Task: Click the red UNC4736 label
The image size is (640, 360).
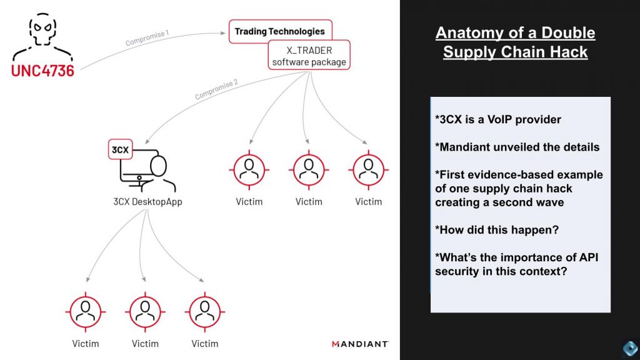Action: (x=42, y=70)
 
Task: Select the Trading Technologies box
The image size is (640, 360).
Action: (x=279, y=31)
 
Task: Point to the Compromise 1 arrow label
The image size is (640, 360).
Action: (x=147, y=38)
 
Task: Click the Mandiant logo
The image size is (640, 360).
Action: (x=360, y=344)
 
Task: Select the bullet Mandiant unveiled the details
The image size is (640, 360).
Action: (x=517, y=147)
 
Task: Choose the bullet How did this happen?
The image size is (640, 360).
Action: (x=497, y=230)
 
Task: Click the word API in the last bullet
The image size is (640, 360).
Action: (x=573, y=257)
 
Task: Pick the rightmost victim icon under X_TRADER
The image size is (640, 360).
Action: (x=368, y=169)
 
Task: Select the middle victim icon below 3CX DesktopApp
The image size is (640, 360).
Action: (x=144, y=310)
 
